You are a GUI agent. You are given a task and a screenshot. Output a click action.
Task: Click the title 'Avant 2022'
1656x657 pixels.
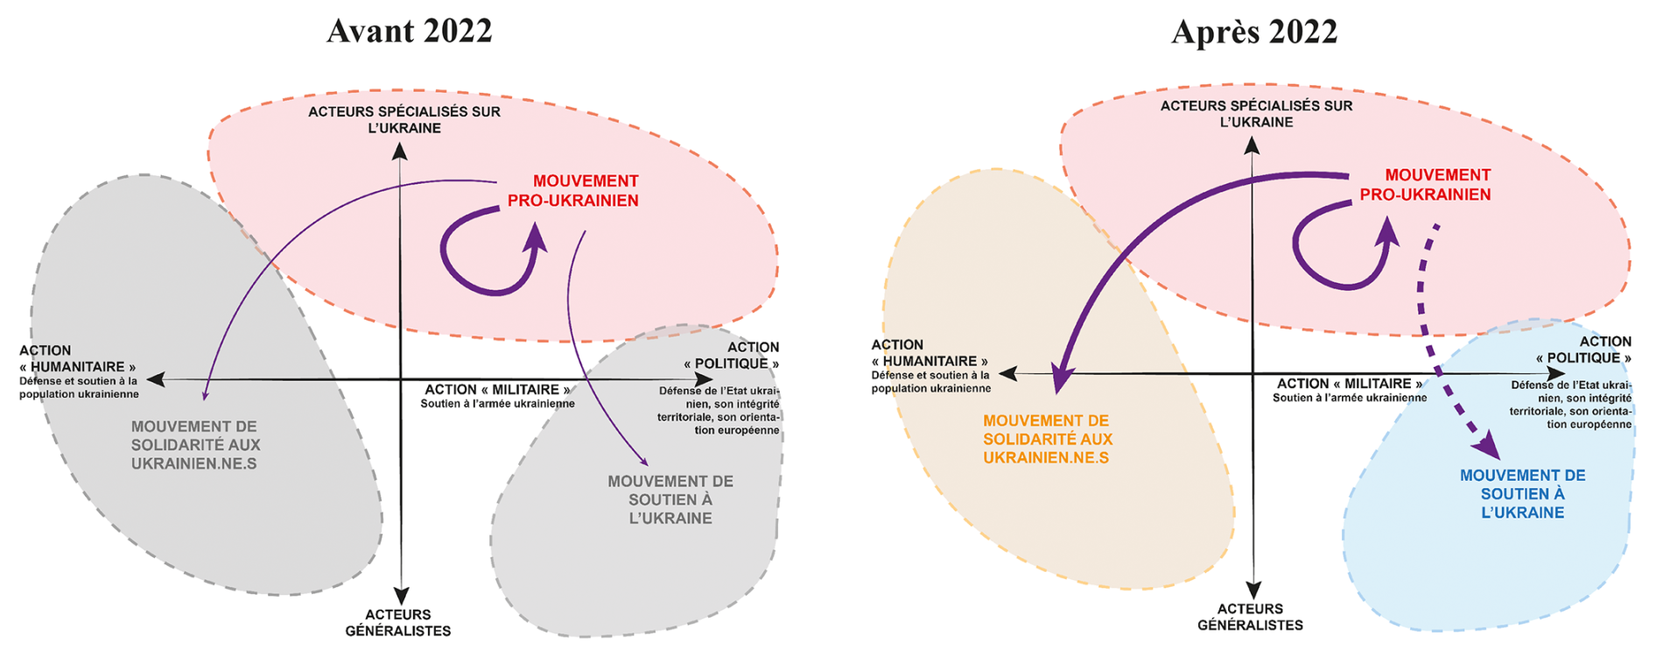409,31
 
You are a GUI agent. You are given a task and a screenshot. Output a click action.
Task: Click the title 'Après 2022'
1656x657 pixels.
1253,32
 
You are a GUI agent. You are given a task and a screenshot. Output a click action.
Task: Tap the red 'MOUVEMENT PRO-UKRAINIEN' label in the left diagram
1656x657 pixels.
574,191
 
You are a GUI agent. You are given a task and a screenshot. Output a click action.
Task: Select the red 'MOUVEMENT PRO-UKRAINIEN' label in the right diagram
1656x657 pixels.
1426,185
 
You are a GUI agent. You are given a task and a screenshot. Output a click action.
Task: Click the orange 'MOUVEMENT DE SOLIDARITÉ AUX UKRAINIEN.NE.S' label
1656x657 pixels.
1047,439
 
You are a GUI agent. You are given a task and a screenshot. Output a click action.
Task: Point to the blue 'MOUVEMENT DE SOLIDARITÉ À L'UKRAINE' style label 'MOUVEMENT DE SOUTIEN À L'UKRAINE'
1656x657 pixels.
1522,494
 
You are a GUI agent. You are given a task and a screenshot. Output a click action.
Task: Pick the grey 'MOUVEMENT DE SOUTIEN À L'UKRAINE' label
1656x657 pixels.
670,499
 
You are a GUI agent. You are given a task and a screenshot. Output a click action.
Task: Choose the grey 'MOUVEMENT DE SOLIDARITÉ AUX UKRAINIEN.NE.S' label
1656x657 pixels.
195,445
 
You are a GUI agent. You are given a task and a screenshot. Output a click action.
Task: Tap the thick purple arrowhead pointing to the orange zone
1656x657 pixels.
1062,378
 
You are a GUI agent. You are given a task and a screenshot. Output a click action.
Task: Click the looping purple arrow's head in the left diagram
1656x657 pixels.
535,237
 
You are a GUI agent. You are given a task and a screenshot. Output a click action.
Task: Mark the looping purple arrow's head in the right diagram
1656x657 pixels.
1386,231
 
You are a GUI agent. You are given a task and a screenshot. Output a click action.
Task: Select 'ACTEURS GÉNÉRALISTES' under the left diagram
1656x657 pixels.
398,623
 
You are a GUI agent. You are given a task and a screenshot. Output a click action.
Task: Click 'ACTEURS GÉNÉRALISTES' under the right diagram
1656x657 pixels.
1250,617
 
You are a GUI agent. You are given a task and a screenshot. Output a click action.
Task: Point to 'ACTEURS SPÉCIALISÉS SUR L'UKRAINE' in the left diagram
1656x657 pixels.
404,120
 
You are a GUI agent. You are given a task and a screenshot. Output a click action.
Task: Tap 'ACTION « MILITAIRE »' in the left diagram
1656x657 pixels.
497,390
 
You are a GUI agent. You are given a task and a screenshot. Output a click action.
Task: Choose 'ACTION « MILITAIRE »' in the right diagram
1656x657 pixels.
1349,384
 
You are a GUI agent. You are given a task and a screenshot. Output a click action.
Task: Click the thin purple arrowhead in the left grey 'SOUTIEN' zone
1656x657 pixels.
644,462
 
